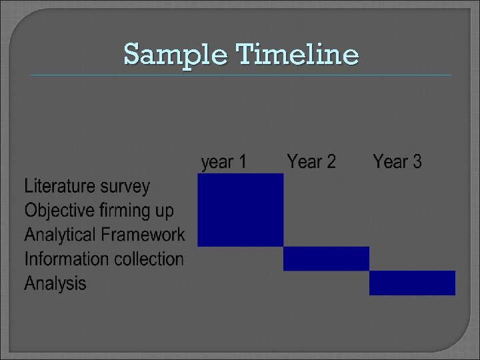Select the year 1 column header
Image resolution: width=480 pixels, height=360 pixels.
[x=224, y=161]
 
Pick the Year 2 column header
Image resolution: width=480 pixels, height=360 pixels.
[x=311, y=161]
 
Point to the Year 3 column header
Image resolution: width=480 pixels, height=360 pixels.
[x=397, y=161]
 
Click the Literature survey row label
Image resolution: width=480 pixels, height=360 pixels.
[x=87, y=187]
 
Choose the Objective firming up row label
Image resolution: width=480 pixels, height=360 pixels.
[x=99, y=211]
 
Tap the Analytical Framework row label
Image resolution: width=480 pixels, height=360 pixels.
[x=105, y=235]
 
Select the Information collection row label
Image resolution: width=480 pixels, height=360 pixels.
[x=104, y=259]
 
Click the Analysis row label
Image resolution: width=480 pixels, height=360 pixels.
[x=55, y=283]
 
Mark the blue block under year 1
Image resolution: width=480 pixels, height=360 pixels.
[x=241, y=209]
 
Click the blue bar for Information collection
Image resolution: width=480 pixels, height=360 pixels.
[x=326, y=259]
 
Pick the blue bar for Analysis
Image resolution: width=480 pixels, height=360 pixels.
[x=412, y=283]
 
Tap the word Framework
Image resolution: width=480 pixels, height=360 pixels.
[x=143, y=235]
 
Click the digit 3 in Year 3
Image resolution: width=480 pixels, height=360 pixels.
[x=417, y=161]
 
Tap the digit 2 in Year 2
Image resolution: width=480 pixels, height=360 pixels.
[x=331, y=161]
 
